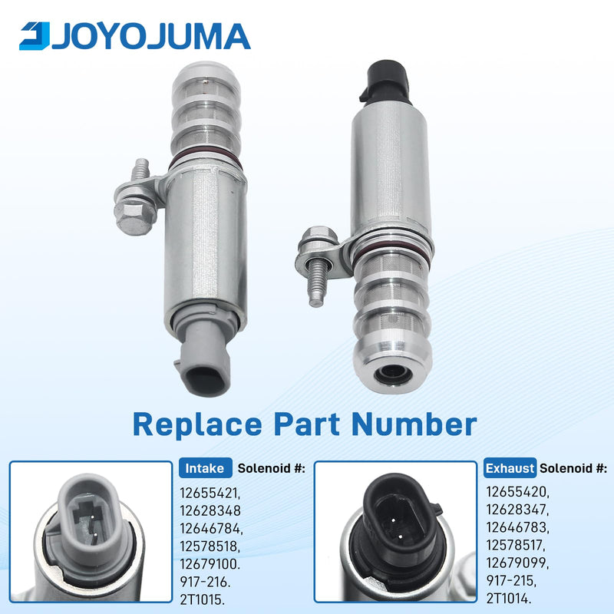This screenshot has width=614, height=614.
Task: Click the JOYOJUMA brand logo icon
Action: coord(35,36)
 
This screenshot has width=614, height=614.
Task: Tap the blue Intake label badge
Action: coord(205,468)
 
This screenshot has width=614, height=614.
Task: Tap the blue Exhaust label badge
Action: coord(510,468)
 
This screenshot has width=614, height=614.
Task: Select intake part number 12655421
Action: coord(210,493)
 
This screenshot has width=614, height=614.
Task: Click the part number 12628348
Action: coord(210,510)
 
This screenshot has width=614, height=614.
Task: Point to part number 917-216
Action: coord(205,582)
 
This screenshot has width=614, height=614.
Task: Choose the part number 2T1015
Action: coord(203,599)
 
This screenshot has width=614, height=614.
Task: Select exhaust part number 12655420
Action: coord(517,492)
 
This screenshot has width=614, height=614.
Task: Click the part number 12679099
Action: coord(517,563)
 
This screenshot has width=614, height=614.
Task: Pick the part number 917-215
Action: coord(511,581)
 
